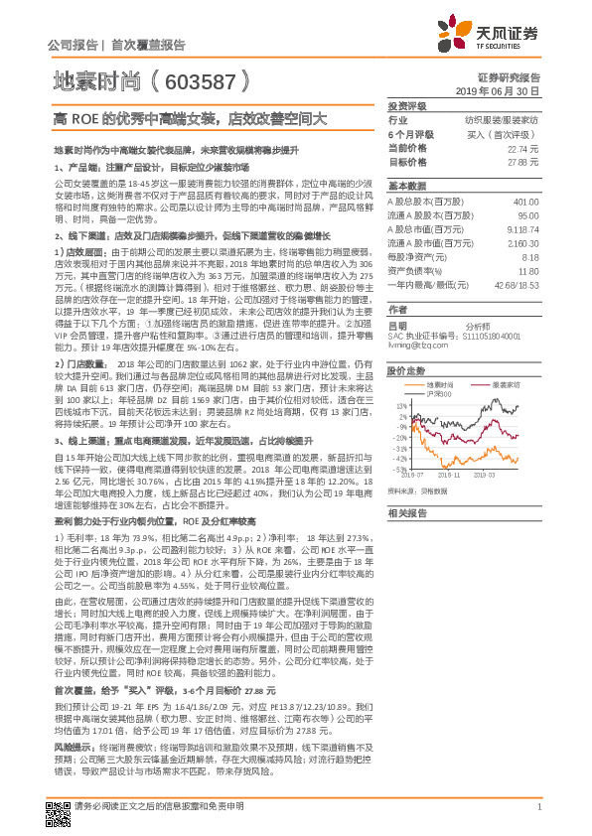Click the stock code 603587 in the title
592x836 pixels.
[199, 79]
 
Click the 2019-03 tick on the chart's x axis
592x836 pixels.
[504, 476]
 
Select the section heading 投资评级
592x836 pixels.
[406, 104]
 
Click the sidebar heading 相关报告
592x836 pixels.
[406, 512]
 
